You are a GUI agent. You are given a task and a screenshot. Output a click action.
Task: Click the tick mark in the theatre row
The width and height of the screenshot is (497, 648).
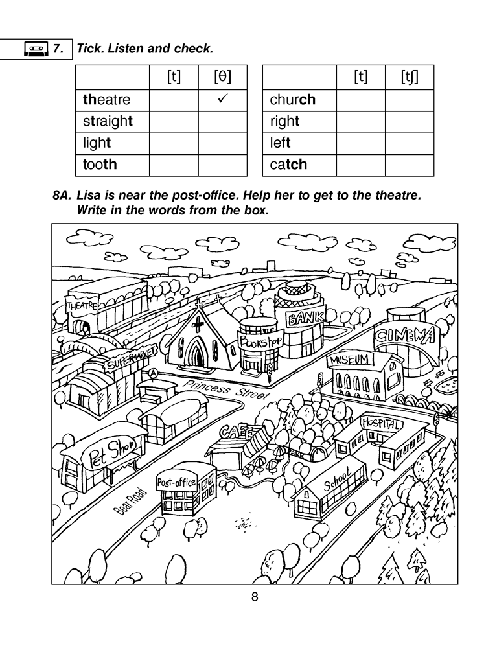[222, 99]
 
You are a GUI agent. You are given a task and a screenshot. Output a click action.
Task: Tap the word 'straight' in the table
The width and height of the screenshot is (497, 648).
[107, 121]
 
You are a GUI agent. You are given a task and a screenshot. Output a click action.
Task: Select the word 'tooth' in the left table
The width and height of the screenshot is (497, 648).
[100, 165]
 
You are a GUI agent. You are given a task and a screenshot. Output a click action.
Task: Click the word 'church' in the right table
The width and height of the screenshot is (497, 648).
[292, 100]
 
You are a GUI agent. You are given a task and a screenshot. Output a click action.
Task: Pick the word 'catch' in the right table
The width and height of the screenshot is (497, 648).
[288, 165]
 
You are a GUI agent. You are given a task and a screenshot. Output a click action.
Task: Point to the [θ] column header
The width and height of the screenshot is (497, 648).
[222, 78]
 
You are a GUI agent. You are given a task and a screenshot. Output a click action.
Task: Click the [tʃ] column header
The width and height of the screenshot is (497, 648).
[409, 78]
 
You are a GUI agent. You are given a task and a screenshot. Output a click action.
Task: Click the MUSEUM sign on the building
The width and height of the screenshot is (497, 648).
[351, 359]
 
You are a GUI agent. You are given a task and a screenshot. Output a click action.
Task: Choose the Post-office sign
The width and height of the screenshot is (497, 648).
[176, 482]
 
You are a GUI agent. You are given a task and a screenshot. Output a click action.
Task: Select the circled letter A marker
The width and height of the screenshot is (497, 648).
[153, 373]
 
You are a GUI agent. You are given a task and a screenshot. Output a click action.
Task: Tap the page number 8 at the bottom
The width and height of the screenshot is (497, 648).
[255, 597]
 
